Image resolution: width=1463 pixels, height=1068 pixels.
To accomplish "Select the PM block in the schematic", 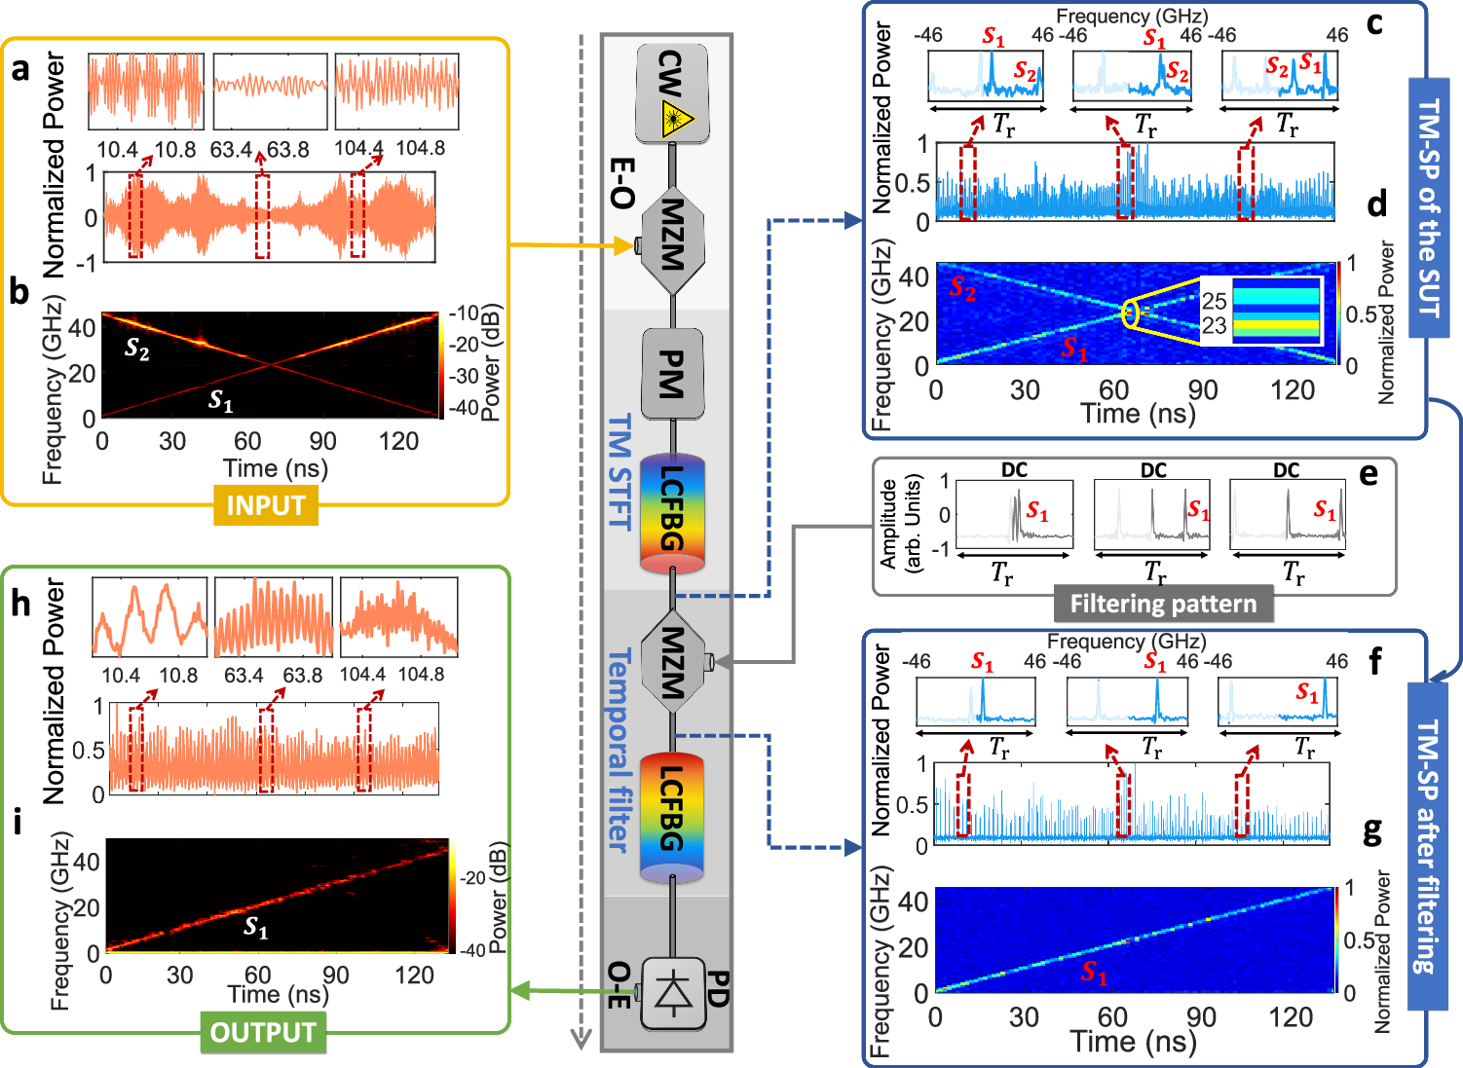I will tap(671, 375).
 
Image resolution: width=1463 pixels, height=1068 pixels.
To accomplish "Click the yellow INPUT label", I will tap(266, 506).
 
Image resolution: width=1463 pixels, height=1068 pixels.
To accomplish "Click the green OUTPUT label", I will tap(263, 1032).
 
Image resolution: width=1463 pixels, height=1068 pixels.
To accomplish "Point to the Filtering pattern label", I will tap(1163, 605).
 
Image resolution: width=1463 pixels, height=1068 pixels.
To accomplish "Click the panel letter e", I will tap(1369, 474).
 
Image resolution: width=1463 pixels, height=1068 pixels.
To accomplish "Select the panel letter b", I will tap(19, 291).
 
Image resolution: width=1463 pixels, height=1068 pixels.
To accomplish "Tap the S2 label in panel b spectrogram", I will tap(137, 349).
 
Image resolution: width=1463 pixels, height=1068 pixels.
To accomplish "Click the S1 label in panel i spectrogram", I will tap(255, 927).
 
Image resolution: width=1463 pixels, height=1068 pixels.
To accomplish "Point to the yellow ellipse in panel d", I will tap(1130, 313).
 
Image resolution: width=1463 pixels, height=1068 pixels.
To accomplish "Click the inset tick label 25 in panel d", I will tap(1214, 301).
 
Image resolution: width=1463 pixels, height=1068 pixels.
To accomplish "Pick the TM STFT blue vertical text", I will tap(619, 471).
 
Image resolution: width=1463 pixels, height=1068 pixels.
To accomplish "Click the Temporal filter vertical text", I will tap(619, 750).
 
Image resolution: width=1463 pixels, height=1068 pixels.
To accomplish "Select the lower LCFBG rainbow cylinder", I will tap(671, 816).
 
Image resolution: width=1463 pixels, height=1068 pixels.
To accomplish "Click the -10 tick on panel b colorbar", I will tap(464, 313).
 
